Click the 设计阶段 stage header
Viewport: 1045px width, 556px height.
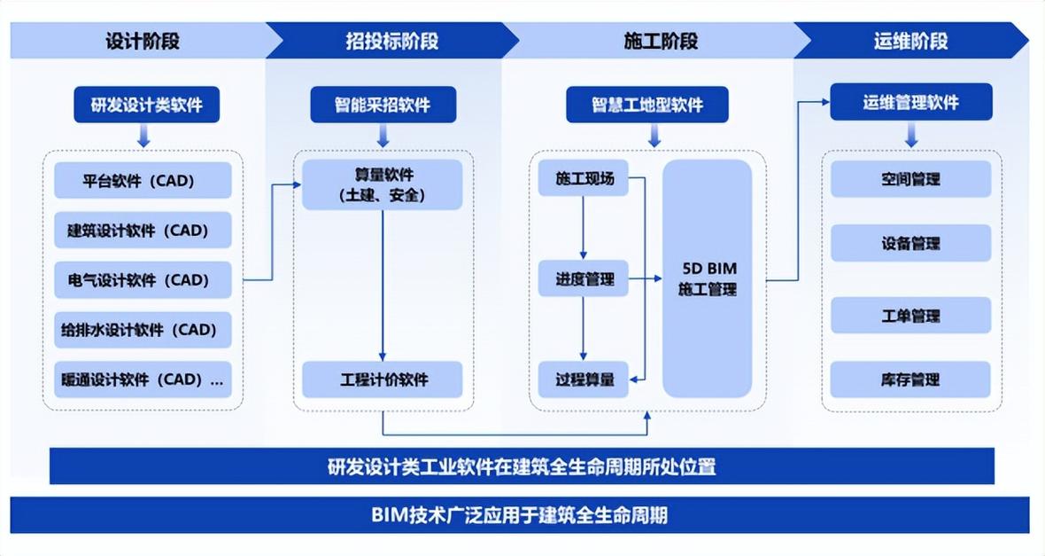point(142,41)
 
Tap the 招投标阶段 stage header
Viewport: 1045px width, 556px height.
point(391,41)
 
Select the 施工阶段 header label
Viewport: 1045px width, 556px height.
point(661,41)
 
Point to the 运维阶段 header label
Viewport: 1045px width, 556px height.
point(910,41)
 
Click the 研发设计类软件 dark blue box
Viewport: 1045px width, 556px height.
point(147,105)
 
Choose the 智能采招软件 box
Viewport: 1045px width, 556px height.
point(383,105)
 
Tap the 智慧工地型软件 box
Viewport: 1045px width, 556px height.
point(647,105)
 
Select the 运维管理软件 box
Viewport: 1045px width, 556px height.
point(911,102)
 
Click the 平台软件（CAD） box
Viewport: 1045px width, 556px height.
point(143,180)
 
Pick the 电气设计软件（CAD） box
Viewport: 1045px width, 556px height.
point(143,279)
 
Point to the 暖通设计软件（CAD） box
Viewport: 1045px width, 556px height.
point(143,380)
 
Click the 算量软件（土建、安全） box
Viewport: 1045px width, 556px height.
point(383,184)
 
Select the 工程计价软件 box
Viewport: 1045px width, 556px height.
point(383,380)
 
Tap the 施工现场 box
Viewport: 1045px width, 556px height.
point(583,178)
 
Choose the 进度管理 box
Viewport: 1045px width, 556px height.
point(583,279)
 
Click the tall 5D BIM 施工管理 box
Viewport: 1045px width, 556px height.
point(707,278)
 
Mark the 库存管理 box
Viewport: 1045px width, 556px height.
point(910,380)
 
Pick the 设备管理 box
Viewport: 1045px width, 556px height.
point(910,244)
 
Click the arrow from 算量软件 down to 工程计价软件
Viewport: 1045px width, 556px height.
point(383,286)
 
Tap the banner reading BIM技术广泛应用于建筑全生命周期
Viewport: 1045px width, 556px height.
point(520,515)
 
